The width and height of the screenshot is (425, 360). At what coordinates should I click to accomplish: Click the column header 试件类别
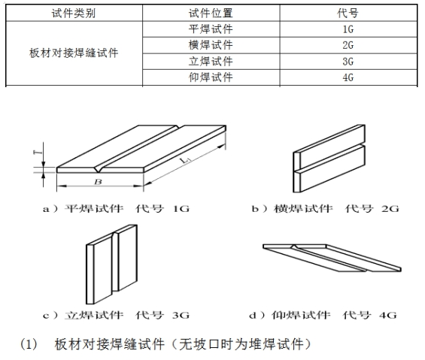(x=74, y=13)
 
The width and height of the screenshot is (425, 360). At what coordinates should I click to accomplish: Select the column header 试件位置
(x=211, y=13)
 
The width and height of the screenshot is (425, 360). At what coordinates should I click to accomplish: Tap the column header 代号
(x=348, y=13)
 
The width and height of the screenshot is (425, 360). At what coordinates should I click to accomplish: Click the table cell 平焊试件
(x=211, y=29)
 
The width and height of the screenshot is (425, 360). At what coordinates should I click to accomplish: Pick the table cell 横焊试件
(x=211, y=45)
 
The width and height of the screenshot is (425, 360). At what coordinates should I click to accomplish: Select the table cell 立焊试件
(x=211, y=61)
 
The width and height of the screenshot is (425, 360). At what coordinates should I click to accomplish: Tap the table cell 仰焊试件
(x=211, y=77)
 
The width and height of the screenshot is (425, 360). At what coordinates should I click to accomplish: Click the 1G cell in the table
(x=348, y=29)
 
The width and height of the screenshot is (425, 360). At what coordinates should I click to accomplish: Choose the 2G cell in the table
(x=348, y=45)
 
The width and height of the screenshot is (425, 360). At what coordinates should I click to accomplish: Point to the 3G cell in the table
(x=348, y=62)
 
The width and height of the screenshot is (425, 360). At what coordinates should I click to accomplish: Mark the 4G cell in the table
(x=348, y=77)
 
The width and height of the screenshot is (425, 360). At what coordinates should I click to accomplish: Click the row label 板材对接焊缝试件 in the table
(x=74, y=53)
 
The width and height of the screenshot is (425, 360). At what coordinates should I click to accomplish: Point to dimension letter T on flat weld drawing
(x=38, y=152)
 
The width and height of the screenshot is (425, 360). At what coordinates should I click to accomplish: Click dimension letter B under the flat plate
(x=98, y=182)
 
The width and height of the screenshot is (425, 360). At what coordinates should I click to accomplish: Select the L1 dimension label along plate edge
(x=186, y=160)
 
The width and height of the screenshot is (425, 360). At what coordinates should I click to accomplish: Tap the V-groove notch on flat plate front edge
(x=98, y=170)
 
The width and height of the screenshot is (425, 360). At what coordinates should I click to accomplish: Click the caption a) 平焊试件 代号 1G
(x=116, y=209)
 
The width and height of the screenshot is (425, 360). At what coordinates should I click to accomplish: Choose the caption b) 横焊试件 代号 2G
(x=325, y=209)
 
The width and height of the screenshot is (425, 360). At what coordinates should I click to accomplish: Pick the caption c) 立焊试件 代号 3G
(x=116, y=315)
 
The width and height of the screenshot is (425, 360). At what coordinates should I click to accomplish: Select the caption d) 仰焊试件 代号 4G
(x=323, y=315)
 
